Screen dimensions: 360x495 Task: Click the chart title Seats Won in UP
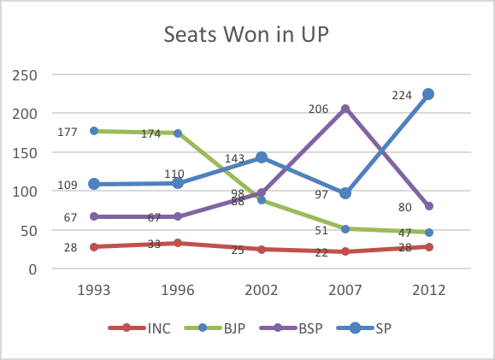click(x=247, y=37)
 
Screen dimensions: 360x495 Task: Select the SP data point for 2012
click(x=429, y=94)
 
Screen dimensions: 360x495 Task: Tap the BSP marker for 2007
click(x=345, y=109)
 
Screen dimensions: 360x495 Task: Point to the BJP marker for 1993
click(x=94, y=131)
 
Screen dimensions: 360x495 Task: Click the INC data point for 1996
click(x=178, y=243)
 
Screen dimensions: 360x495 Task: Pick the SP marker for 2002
click(x=262, y=157)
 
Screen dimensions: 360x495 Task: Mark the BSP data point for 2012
click(x=429, y=206)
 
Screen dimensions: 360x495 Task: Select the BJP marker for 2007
click(x=345, y=228)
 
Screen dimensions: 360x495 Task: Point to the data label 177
click(x=68, y=132)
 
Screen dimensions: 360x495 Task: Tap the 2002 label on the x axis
click(x=262, y=289)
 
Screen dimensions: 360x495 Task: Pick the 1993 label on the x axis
click(x=94, y=289)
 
